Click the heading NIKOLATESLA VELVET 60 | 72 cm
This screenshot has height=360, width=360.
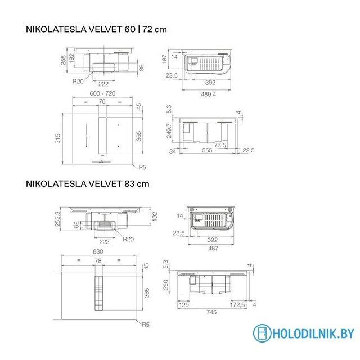tap(96, 29)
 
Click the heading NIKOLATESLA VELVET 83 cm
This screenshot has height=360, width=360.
tap(88, 184)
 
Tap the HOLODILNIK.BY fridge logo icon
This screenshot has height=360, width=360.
tap(262, 333)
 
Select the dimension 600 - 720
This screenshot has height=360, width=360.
tap(102, 93)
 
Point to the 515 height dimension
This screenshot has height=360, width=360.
tap(57, 139)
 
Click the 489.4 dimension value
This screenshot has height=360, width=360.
tap(209, 94)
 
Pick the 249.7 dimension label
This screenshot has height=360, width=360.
tap(169, 130)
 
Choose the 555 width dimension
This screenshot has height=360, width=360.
tap(207, 150)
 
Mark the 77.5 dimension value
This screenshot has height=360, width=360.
tap(220, 145)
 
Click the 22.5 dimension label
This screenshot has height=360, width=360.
tap(249, 150)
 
